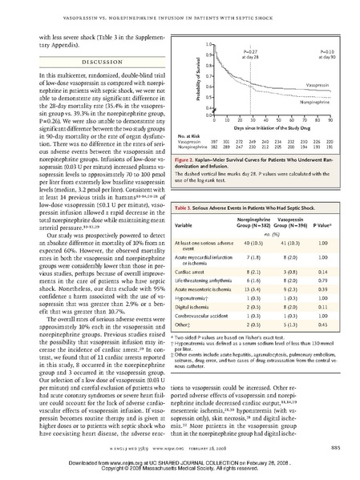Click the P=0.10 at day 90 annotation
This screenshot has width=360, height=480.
tap(323, 52)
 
